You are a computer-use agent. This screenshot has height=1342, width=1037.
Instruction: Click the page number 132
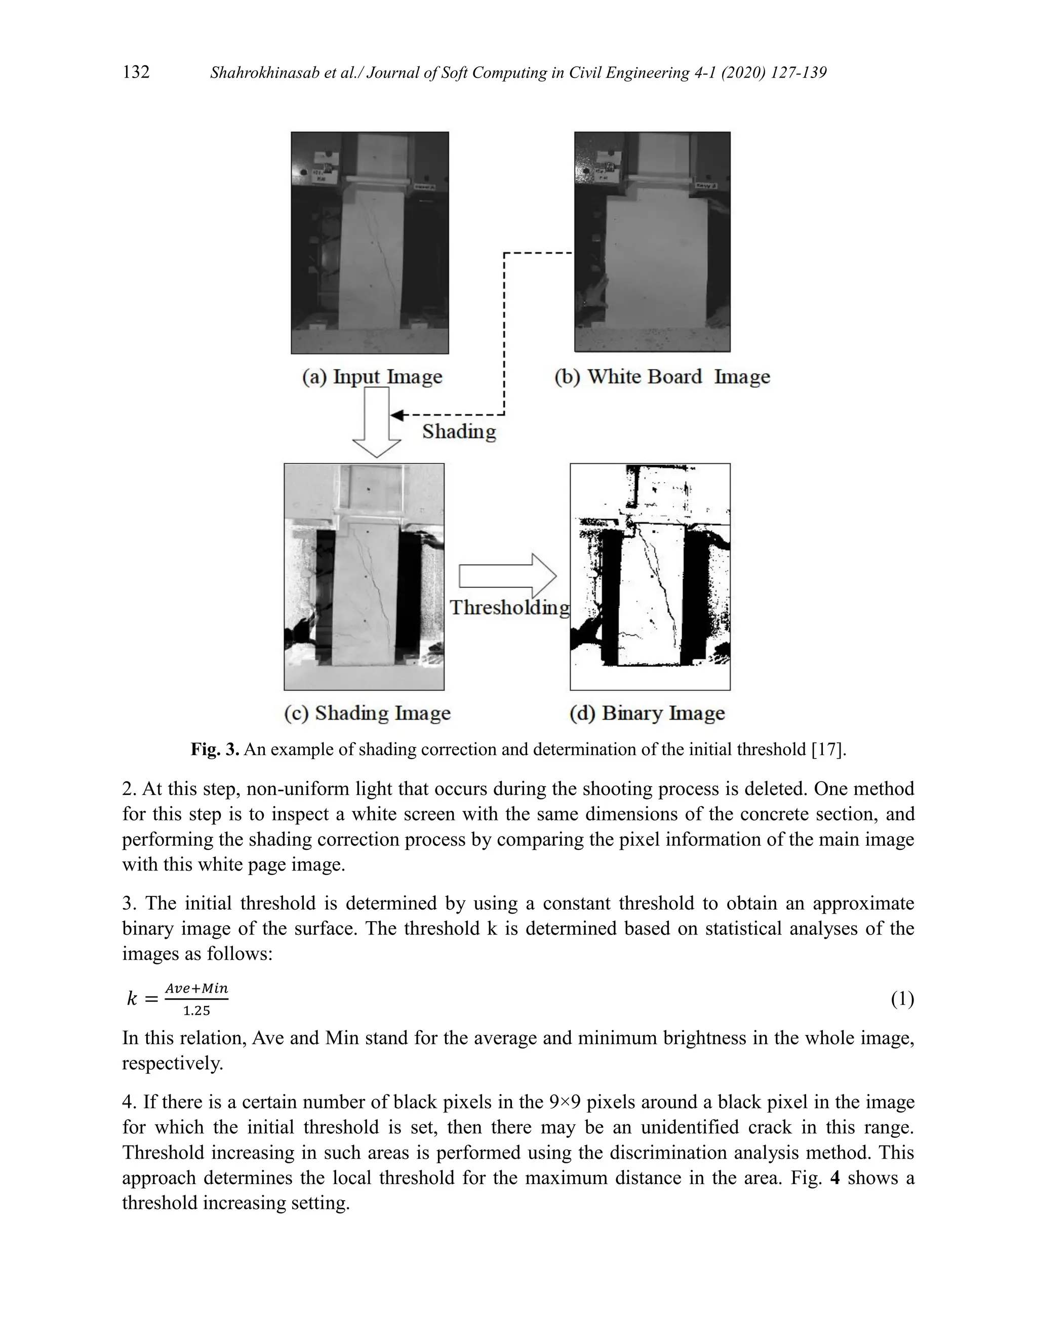coord(136,72)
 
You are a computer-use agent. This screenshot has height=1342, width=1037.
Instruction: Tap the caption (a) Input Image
coord(372,377)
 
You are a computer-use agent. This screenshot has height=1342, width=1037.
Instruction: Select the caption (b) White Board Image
coord(662,377)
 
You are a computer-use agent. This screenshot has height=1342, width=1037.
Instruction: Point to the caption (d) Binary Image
coord(647,713)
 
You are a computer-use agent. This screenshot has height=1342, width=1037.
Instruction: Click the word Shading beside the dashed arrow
coord(458,431)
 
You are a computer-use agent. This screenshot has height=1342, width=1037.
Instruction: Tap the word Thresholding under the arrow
coord(509,607)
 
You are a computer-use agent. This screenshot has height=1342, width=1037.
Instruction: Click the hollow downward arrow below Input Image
coord(377,424)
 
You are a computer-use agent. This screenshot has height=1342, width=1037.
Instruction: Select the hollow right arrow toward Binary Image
coord(507,576)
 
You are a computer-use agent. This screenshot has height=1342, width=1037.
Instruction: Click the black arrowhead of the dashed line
coord(396,415)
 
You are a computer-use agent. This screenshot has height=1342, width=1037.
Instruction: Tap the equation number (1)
coord(902,999)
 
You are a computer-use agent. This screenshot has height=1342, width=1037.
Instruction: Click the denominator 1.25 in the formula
coord(196,1011)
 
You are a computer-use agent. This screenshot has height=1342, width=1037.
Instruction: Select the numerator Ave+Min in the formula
coord(196,989)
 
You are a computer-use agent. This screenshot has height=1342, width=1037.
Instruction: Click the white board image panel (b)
coord(652,242)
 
